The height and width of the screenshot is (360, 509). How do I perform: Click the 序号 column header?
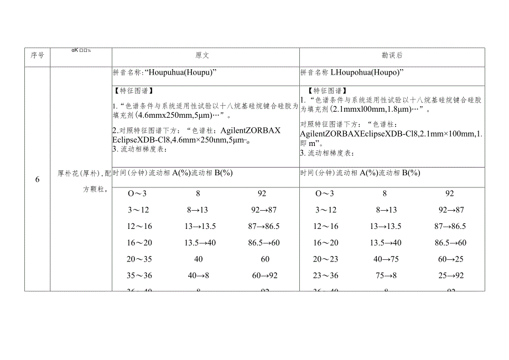click(x=38, y=55)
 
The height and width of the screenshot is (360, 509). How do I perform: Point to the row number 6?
click(x=38, y=179)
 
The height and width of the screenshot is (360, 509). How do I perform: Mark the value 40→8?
click(x=198, y=275)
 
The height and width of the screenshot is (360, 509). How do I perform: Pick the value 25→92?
click(x=450, y=275)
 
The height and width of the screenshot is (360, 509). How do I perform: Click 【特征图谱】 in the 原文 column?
click(x=133, y=91)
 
